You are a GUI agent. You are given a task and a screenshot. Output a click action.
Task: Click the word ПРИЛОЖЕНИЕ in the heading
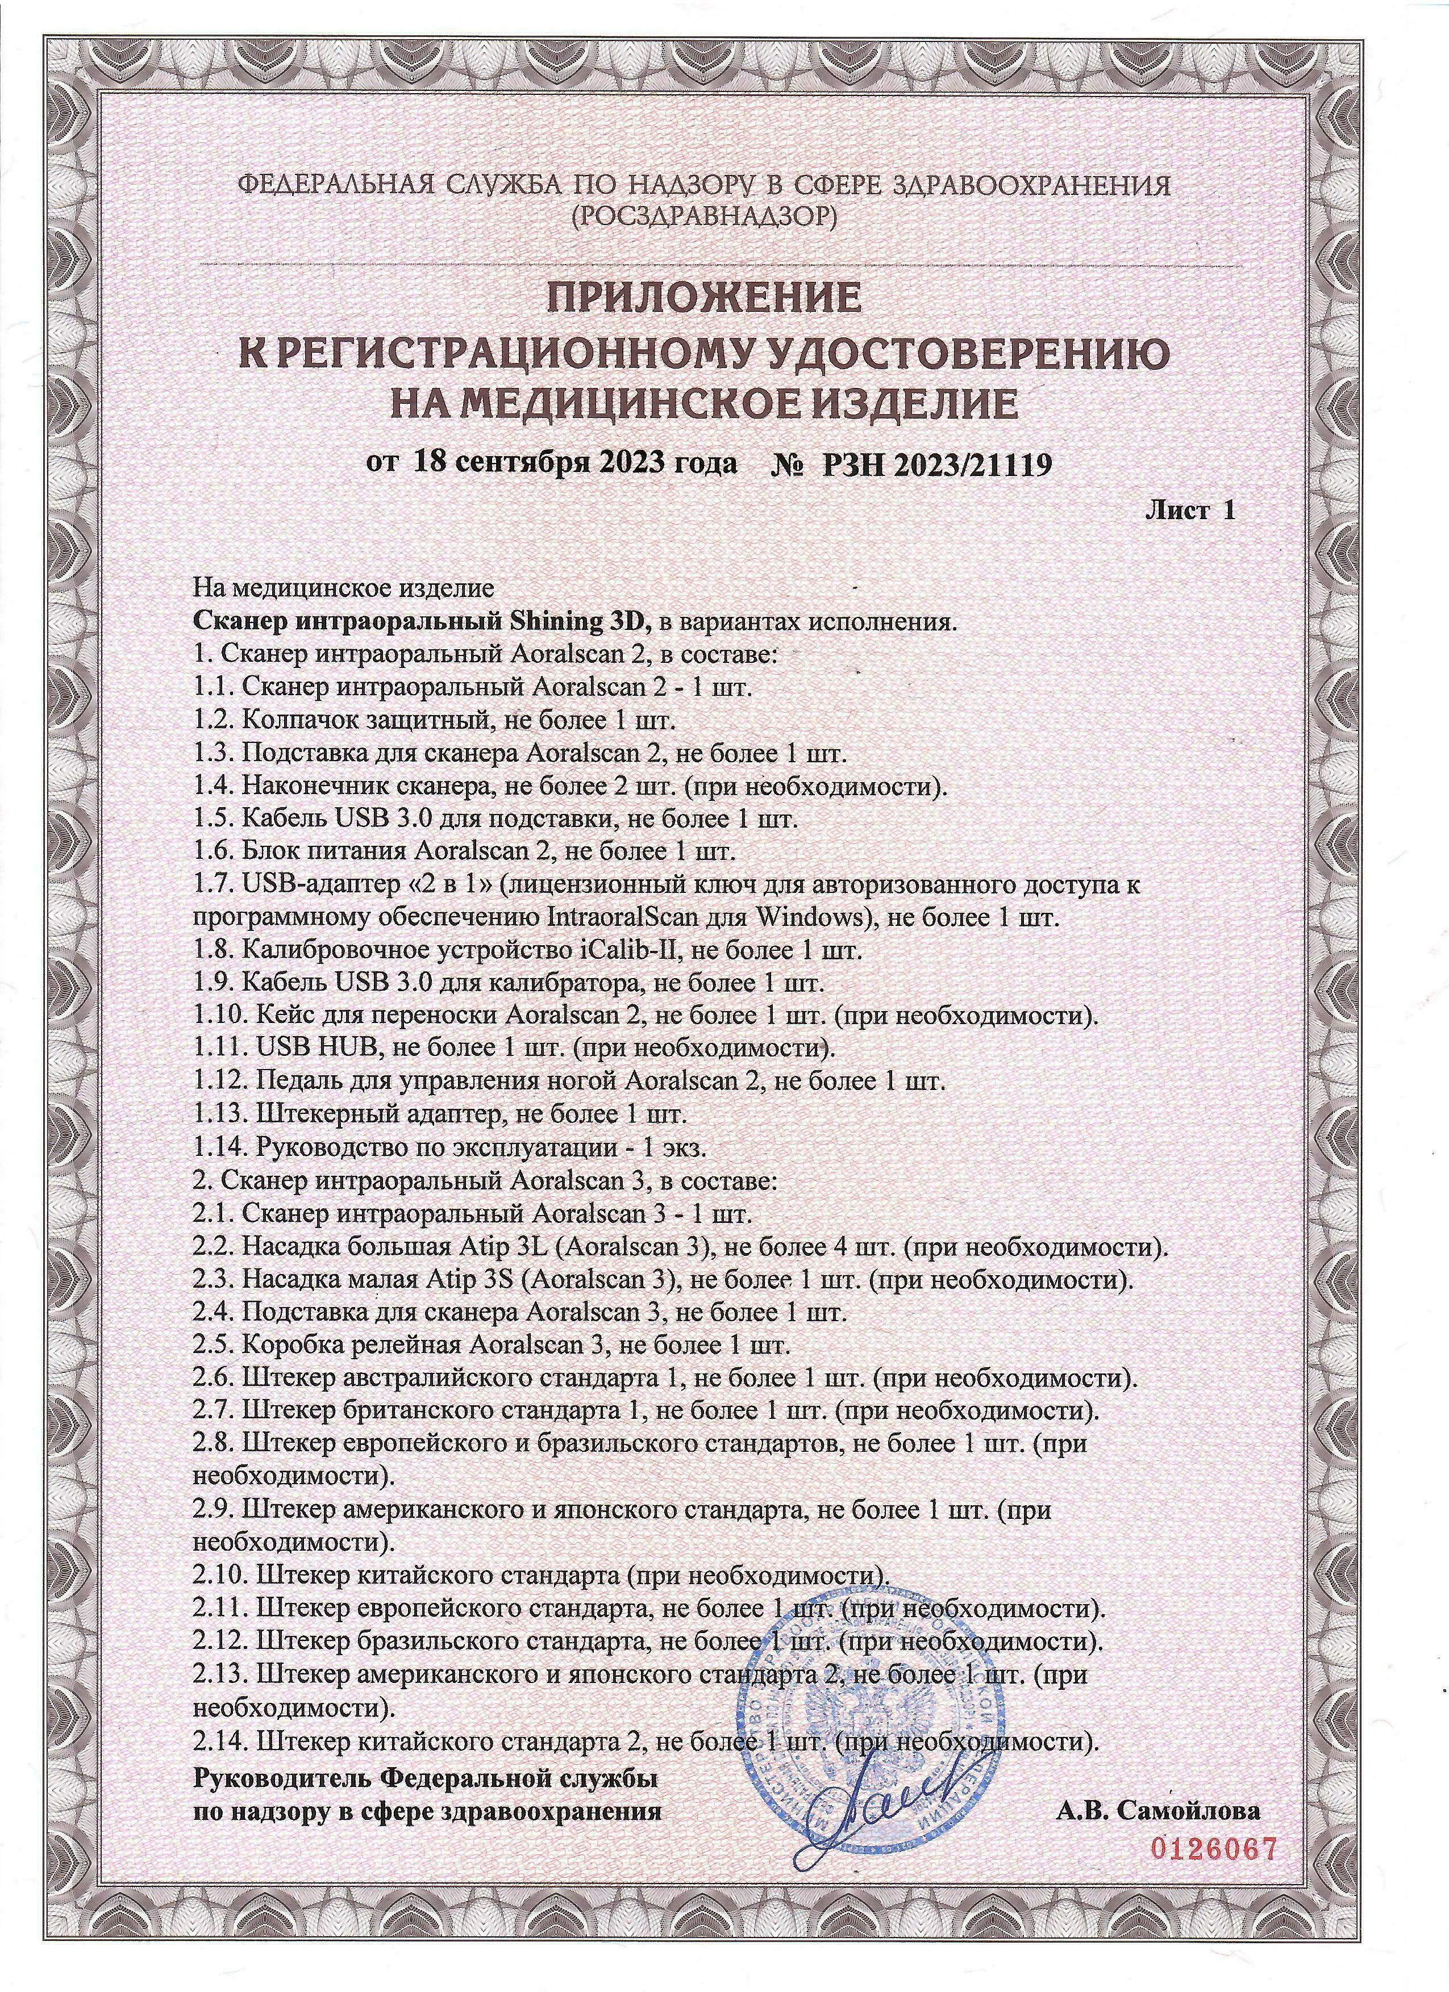coord(704,299)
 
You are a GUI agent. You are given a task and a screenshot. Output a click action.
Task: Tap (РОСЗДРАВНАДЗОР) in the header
coord(704,216)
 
